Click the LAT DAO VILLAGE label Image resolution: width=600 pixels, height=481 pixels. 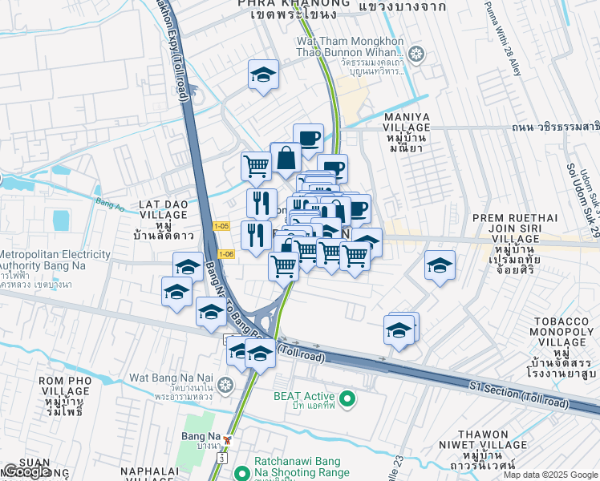[164, 210]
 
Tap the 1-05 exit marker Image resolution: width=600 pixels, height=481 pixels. [221, 227]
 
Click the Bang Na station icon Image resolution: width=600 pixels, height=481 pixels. [228, 439]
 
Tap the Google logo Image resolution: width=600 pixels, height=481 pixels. [28, 471]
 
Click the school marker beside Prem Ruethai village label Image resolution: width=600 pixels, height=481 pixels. [440, 265]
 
